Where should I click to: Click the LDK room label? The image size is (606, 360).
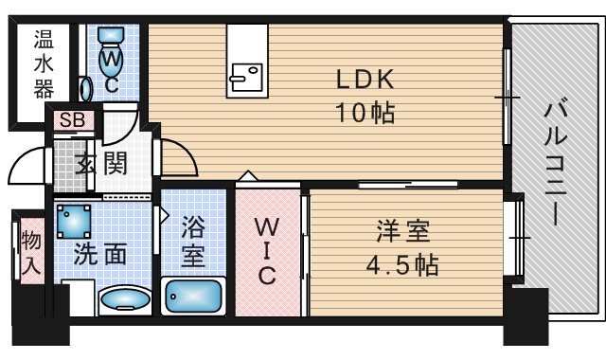pyautogui.click(x=365, y=80)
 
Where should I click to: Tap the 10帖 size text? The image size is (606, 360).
pyautogui.click(x=365, y=113)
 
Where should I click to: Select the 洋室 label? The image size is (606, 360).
pyautogui.click(x=403, y=231)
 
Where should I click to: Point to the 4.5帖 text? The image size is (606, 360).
pyautogui.click(x=402, y=265)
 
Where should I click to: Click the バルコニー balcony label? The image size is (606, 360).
pyautogui.click(x=556, y=161)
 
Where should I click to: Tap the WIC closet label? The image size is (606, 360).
pyautogui.click(x=267, y=251)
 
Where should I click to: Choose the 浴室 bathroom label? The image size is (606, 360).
pyautogui.click(x=193, y=242)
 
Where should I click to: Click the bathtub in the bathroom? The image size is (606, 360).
pyautogui.click(x=193, y=297)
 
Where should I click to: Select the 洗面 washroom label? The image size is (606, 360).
pyautogui.click(x=100, y=254)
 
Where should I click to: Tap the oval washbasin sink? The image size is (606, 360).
pyautogui.click(x=125, y=300)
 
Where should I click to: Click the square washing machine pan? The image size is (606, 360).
pyautogui.click(x=74, y=222)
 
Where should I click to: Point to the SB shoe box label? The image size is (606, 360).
pyautogui.click(x=73, y=120)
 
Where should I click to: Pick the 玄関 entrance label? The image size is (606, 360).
pyautogui.click(x=101, y=163)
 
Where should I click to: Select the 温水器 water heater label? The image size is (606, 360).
pyautogui.click(x=44, y=64)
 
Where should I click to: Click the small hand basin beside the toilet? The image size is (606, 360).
pyautogui.click(x=85, y=89)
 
